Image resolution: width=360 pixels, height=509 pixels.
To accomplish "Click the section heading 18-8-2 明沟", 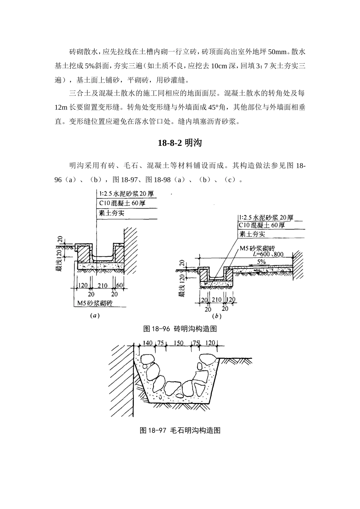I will pyautogui.click(x=180, y=143).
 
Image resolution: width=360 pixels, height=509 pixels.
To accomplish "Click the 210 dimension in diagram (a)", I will pyautogui.click(x=102, y=286).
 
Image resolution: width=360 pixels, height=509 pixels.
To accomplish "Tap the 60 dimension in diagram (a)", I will pyautogui.click(x=120, y=286).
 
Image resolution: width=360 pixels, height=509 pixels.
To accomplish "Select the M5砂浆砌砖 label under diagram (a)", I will pyautogui.click(x=94, y=303).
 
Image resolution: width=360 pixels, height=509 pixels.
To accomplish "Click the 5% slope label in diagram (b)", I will pyautogui.click(x=261, y=261).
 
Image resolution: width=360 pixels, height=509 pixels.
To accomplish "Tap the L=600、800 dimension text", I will pyautogui.click(x=268, y=255).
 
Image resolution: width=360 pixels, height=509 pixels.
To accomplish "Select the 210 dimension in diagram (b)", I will pyautogui.click(x=216, y=300).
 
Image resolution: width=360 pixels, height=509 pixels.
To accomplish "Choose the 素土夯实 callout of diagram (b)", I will pyautogui.click(x=252, y=234).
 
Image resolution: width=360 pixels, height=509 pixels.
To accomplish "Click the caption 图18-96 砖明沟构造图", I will pyautogui.click(x=180, y=329).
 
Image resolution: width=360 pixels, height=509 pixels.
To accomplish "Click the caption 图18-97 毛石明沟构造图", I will pyautogui.click(x=180, y=430).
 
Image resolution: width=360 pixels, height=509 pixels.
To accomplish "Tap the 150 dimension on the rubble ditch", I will pyautogui.click(x=178, y=343).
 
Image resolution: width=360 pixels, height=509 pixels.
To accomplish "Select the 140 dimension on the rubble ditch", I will pyautogui.click(x=148, y=343).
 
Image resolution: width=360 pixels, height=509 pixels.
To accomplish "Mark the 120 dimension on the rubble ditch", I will pyautogui.click(x=210, y=343).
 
